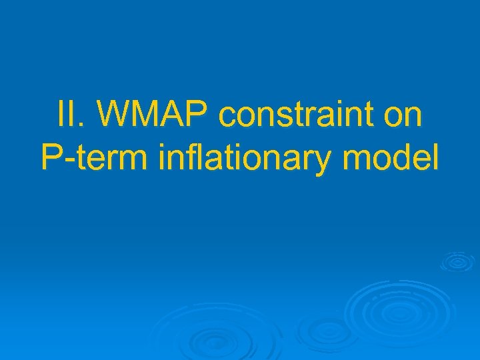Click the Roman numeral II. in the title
(x=67, y=116)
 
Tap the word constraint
(x=301, y=116)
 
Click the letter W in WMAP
(x=115, y=116)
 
